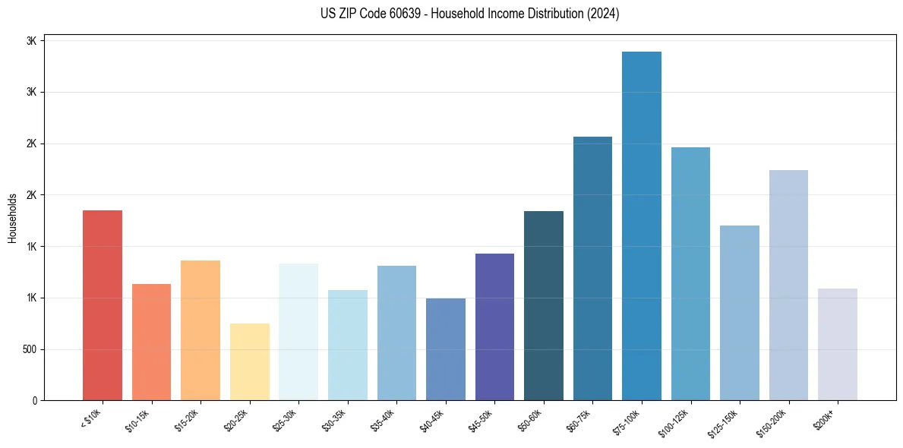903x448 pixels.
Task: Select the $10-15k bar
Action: pyautogui.click(x=151, y=342)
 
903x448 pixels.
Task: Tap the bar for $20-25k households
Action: pyautogui.click(x=250, y=361)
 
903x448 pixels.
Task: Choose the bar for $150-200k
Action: pyautogui.click(x=788, y=285)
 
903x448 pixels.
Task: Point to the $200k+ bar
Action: pyautogui.click(x=838, y=344)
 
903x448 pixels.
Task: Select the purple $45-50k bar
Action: pyautogui.click(x=494, y=327)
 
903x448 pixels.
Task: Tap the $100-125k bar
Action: pyautogui.click(x=690, y=273)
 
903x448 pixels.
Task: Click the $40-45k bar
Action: pyautogui.click(x=446, y=349)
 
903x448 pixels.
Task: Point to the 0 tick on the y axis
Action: pyautogui.click(x=35, y=400)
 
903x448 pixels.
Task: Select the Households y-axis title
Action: pyautogui.click(x=12, y=218)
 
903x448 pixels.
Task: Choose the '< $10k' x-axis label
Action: pyautogui.click(x=91, y=419)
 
